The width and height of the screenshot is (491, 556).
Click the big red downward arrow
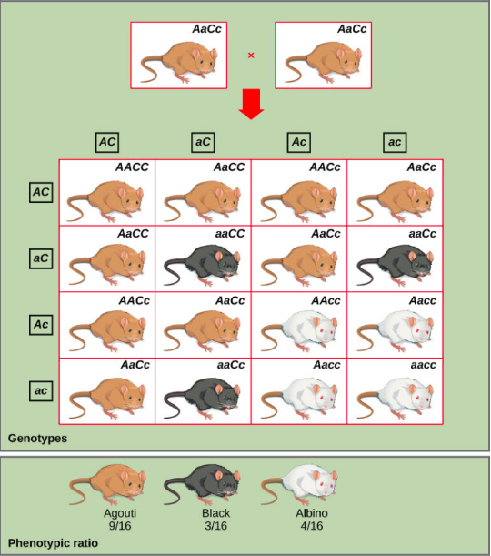[251, 104]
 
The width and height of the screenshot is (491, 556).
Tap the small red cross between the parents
[251, 56]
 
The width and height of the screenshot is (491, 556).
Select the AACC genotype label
[132, 167]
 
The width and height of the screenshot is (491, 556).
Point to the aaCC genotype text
[230, 234]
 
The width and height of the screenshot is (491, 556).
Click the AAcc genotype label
[326, 300]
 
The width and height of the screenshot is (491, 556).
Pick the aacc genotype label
[424, 365]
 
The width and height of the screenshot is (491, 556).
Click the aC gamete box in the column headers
[203, 143]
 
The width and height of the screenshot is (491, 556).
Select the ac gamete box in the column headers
[395, 143]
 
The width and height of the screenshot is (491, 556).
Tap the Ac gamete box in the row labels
[41, 325]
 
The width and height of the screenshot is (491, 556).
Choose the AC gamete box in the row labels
[41, 193]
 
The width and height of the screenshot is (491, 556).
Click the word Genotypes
[37, 439]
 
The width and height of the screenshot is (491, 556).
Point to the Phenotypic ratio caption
[53, 543]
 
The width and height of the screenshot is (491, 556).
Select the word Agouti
[120, 513]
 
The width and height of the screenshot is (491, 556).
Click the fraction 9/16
[120, 525]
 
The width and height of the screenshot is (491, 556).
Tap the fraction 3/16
[215, 525]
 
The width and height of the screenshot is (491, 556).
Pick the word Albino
[312, 513]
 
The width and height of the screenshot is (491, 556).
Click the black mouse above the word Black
[202, 484]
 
